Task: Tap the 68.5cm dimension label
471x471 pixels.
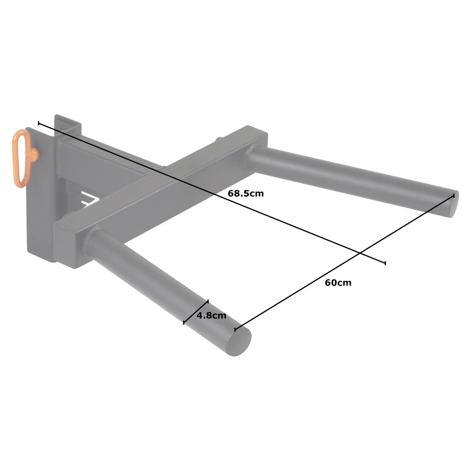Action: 246,193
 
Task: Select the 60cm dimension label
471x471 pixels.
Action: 338,283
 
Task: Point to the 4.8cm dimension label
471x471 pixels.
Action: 211,315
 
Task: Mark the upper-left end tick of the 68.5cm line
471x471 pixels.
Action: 39,123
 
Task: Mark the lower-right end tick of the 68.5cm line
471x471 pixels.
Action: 385,263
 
